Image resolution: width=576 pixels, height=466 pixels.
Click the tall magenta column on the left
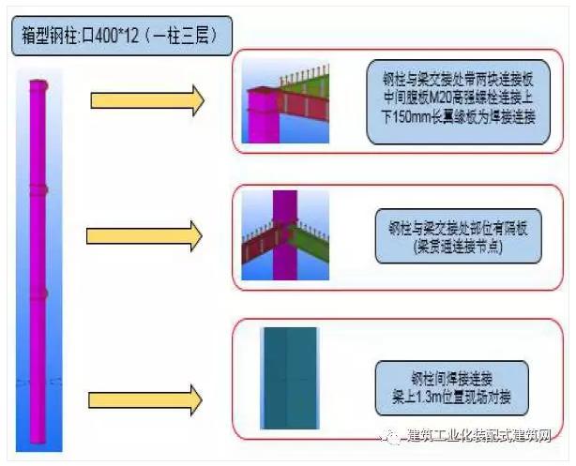click(38, 263)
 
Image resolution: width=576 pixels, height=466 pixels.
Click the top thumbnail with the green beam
click(283, 100)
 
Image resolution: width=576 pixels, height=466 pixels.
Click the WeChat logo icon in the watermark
click(387, 437)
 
